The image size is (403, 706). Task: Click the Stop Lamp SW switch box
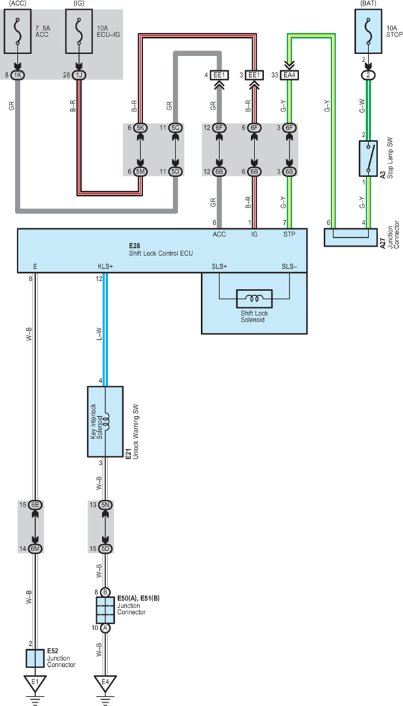[x=369, y=159]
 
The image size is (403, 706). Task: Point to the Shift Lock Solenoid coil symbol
[x=254, y=298]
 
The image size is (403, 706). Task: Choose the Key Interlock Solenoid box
[x=105, y=422]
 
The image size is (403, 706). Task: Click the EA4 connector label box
[x=290, y=75]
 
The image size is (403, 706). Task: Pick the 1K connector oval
[x=18, y=75]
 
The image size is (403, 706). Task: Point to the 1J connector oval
[x=80, y=75]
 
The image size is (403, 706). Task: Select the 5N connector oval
[x=105, y=505]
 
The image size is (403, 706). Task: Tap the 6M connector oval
[x=35, y=549]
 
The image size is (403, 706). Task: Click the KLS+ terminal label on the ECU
[x=105, y=267]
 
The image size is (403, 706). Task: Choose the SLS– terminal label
[x=289, y=267]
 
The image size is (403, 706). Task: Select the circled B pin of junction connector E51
[x=105, y=591]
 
